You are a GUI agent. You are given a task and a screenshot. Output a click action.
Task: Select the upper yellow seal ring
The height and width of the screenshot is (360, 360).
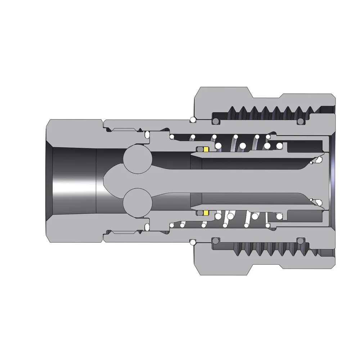206,149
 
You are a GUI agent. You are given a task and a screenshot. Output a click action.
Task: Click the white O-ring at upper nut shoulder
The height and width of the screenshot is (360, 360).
193,120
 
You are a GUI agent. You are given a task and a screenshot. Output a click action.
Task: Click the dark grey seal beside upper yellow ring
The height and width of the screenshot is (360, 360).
199,149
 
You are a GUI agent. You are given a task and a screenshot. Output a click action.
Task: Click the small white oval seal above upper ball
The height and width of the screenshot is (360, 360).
147,135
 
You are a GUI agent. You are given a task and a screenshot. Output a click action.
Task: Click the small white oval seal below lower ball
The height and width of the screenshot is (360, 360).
147,226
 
